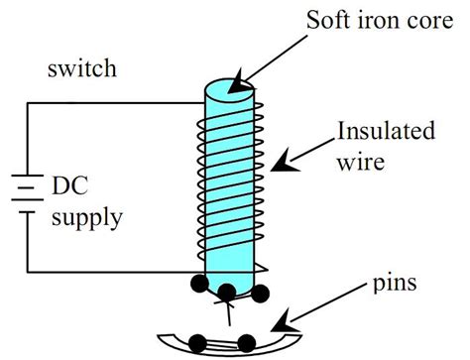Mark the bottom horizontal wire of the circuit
coord(109,272)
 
